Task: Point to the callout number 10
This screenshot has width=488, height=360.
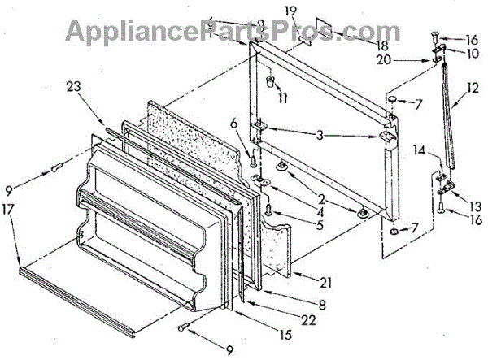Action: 472,53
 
